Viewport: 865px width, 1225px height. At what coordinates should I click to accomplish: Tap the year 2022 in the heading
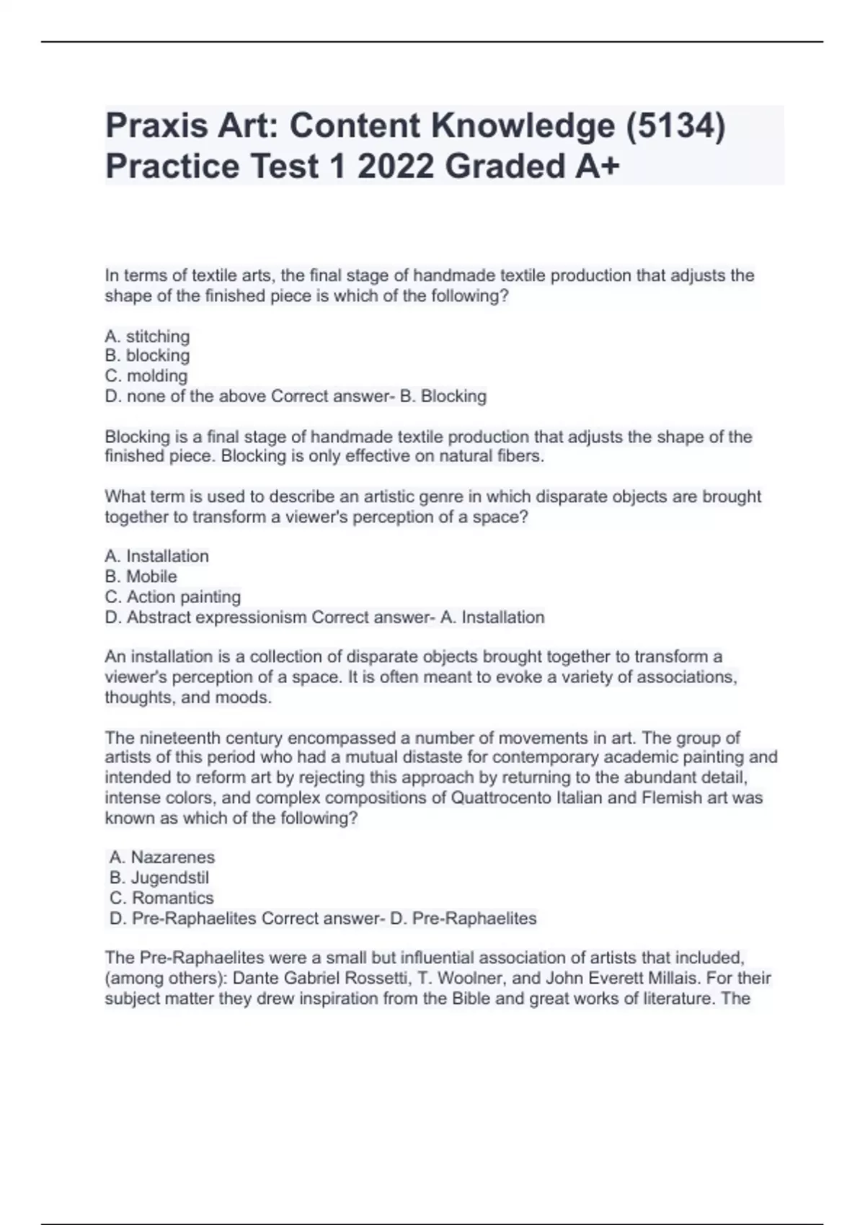[395, 166]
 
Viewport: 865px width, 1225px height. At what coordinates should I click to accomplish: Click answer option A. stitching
[147, 337]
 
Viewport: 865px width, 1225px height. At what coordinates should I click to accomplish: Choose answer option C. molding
[146, 376]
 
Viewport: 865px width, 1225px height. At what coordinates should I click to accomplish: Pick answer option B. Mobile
[141, 576]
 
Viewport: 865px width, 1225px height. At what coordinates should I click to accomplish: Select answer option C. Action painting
[173, 597]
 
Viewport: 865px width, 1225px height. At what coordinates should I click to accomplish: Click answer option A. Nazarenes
[162, 857]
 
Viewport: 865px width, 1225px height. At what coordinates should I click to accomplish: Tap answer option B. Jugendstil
[159, 878]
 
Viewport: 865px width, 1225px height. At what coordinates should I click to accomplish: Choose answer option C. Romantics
[161, 898]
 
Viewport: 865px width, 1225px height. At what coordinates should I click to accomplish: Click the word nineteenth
[179, 738]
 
